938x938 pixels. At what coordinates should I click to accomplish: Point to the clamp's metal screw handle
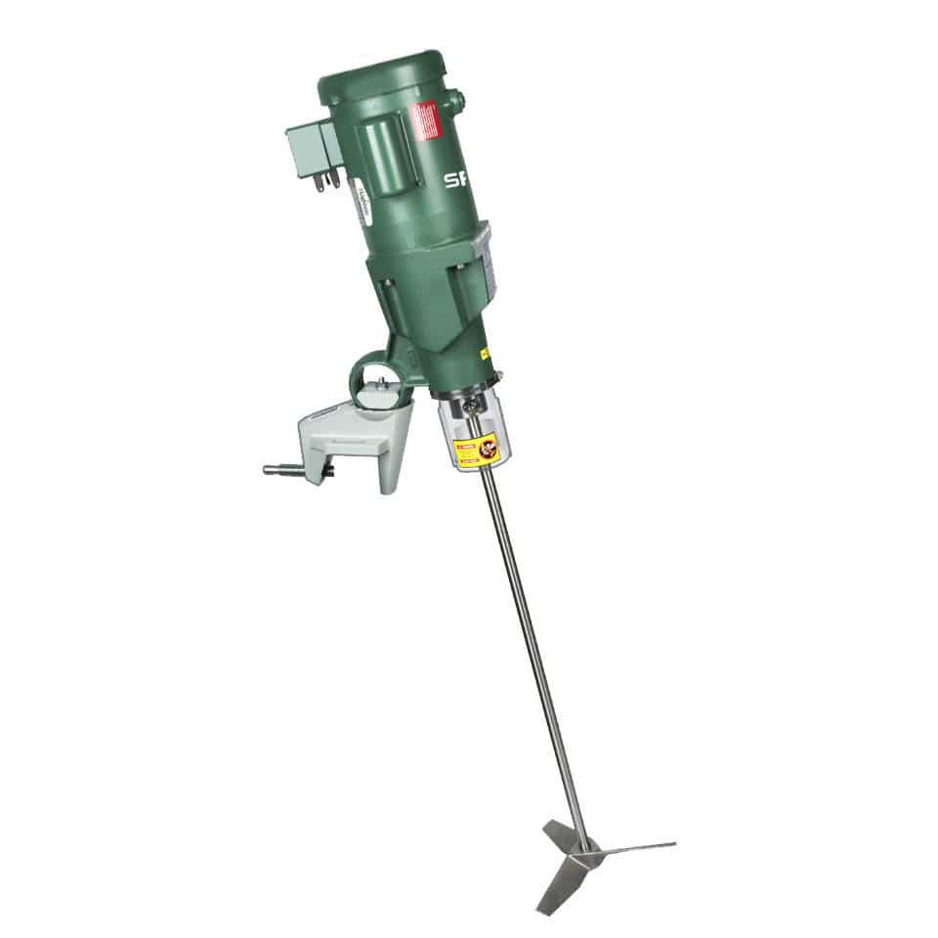pyautogui.click(x=292, y=470)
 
